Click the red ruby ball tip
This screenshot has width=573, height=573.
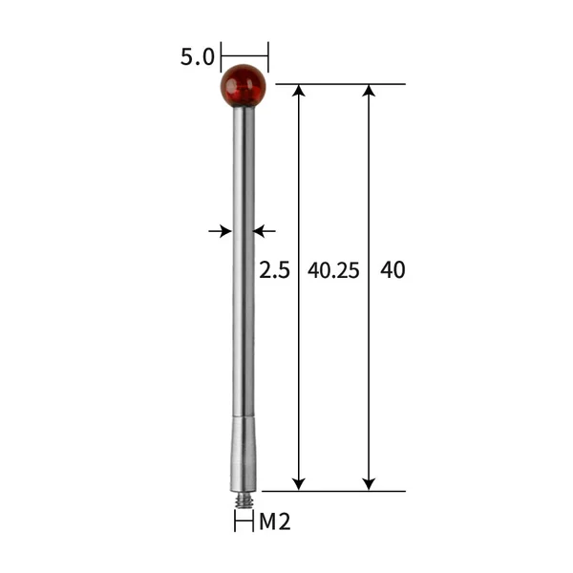[x=244, y=86]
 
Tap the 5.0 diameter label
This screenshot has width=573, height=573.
[x=197, y=57]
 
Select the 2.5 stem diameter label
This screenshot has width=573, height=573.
[x=274, y=270]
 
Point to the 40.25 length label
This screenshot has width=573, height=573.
[x=333, y=270]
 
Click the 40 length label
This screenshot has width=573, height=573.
[x=393, y=270]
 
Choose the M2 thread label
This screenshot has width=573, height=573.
[x=275, y=521]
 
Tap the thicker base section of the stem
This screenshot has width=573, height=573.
[x=244, y=458]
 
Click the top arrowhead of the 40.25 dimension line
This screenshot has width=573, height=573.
[x=299, y=91]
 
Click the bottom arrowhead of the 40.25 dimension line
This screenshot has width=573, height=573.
[x=299, y=483]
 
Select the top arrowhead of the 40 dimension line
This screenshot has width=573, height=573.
[x=369, y=91]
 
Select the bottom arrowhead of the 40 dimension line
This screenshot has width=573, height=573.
[x=369, y=483]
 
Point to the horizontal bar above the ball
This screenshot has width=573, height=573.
[x=244, y=55]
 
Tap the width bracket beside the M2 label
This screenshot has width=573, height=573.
[x=244, y=521]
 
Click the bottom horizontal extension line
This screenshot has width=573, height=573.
[x=334, y=491]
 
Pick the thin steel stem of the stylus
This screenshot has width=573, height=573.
[x=244, y=286]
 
